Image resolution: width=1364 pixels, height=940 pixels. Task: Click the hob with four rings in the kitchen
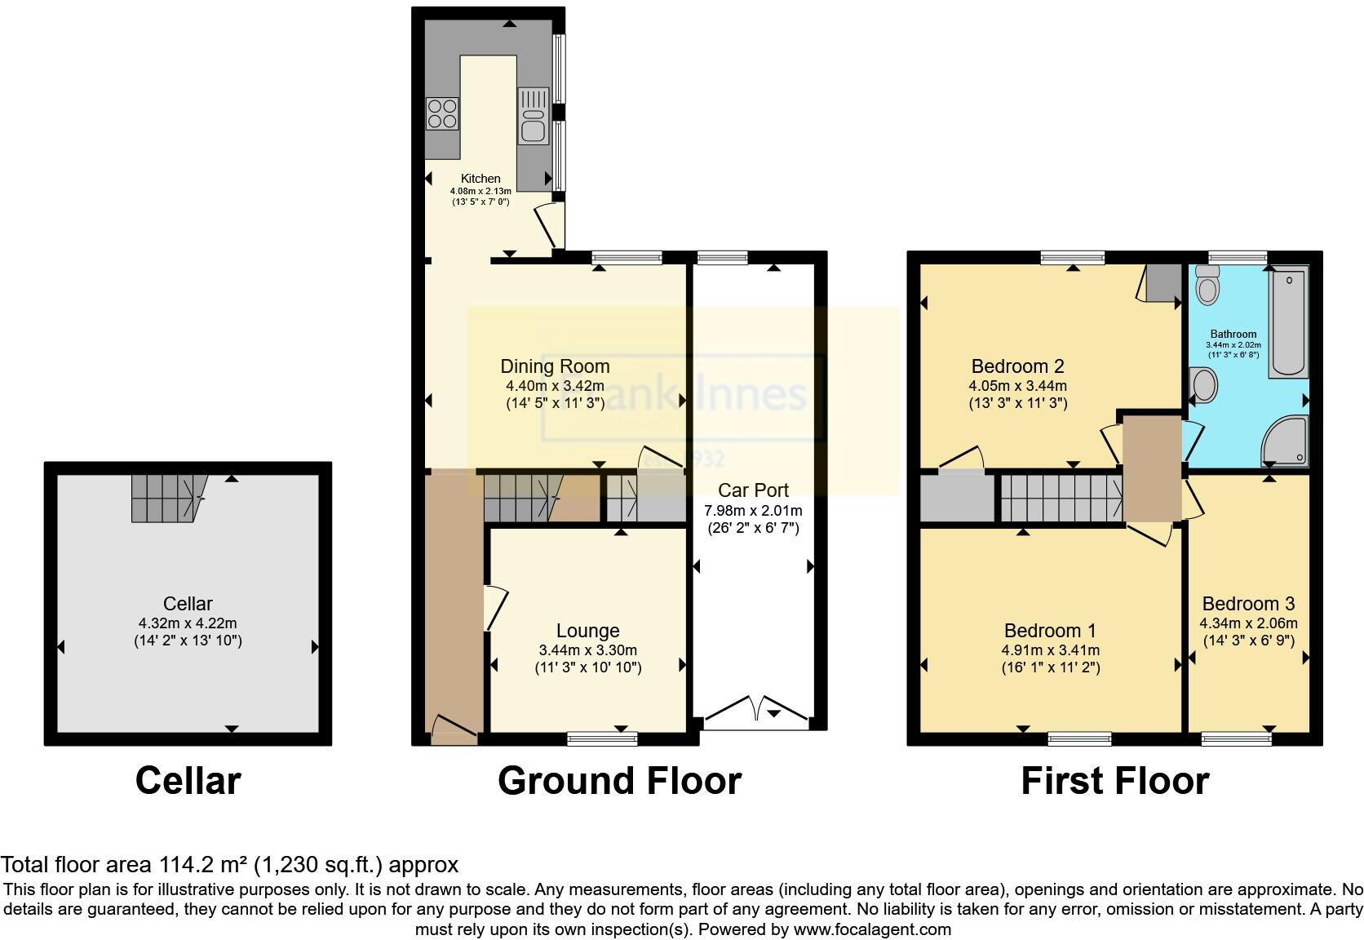442,113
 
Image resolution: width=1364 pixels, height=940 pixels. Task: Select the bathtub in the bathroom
1288,323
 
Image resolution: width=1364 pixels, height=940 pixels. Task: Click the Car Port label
753,490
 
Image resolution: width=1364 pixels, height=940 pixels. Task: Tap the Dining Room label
555,367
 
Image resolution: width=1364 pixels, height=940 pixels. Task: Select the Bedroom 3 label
1248,604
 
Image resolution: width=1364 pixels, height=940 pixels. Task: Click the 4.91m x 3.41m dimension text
1051,650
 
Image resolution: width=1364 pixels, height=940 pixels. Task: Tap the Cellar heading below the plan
188,781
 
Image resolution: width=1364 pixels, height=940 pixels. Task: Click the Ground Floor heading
619,781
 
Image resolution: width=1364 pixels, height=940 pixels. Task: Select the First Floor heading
1114,781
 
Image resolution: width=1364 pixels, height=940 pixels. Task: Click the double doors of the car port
756,709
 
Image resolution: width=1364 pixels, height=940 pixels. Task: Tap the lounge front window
602,738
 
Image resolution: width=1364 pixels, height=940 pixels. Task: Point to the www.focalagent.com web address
871,929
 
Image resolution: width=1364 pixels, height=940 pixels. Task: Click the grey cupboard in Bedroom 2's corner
1162,282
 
